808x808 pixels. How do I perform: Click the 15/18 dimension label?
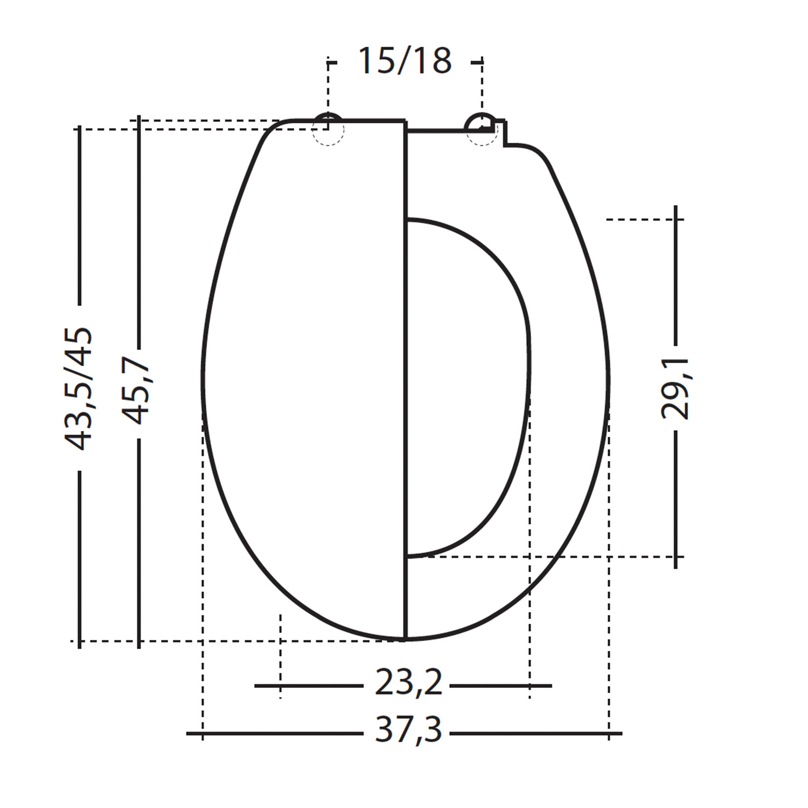405,60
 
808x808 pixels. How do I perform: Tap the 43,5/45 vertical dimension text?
79,388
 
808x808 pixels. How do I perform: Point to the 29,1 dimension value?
675,388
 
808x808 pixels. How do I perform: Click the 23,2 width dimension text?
408,684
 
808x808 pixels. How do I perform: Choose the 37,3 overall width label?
408,730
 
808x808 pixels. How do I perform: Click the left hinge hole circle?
328,129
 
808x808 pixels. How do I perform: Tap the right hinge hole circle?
481,129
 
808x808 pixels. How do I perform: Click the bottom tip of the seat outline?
406,639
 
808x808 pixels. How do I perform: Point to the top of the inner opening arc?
409,220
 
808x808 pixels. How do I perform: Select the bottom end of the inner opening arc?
409,555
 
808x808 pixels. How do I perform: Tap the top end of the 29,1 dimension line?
675,206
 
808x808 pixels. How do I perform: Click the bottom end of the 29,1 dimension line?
675,567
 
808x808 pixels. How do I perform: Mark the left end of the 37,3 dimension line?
187,733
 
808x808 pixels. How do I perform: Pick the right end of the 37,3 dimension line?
622,733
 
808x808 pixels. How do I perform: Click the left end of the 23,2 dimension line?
255,686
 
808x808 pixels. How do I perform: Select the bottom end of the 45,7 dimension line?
139,647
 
